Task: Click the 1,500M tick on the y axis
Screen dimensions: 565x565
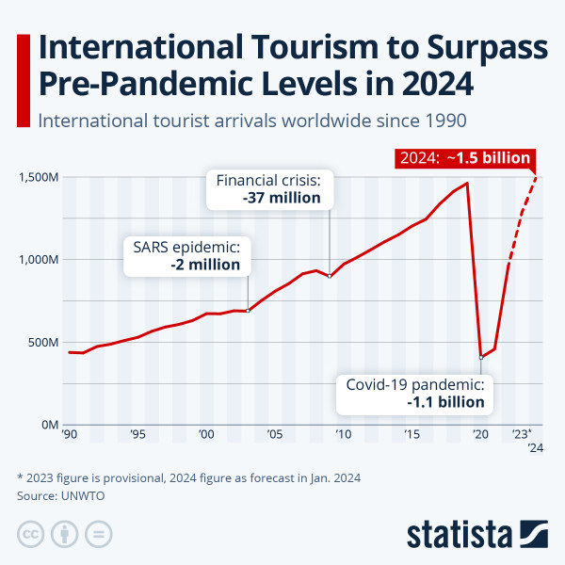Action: click(39, 177)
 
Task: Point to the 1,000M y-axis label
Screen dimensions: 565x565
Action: click(39, 259)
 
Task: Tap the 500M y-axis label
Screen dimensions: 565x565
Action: click(43, 342)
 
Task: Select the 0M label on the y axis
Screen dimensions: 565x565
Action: click(49, 425)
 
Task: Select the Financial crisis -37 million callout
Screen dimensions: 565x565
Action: click(269, 188)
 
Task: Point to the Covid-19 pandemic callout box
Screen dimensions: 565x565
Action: click(415, 393)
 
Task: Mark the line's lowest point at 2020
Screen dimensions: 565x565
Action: click(481, 357)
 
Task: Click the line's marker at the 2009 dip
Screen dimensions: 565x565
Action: click(330, 276)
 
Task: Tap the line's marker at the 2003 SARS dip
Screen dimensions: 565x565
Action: click(248, 311)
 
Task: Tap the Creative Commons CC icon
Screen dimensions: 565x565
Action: click(31, 534)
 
